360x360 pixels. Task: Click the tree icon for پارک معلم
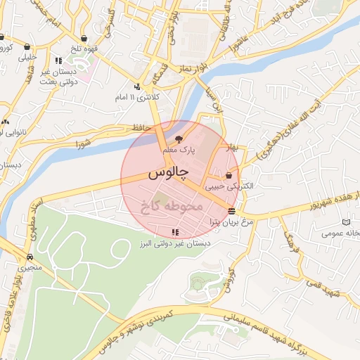coord(179,139)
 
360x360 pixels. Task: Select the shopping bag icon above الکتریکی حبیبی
coord(229,175)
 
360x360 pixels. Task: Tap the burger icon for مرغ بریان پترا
coord(231,211)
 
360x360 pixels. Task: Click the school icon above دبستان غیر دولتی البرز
coord(174,232)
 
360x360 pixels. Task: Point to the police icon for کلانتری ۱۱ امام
coord(136,86)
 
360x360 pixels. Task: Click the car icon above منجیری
coord(30,257)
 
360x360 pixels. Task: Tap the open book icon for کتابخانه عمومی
coord(345,222)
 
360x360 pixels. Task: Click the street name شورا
coord(84,146)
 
